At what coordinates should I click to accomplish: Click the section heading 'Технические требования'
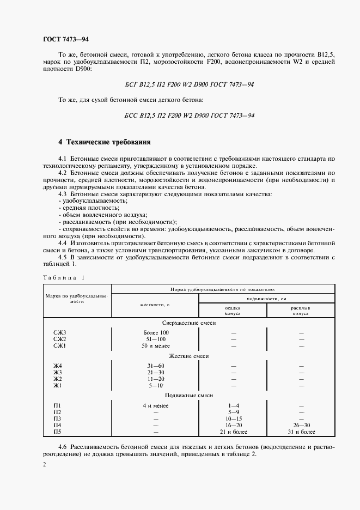tap(104, 142)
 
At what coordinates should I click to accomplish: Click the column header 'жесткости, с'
tap(155, 306)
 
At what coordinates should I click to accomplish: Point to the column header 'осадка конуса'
tap(233, 311)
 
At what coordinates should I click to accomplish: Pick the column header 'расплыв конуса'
tap(300, 311)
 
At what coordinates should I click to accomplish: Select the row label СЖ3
tap(59, 332)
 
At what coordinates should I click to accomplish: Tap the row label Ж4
tap(58, 365)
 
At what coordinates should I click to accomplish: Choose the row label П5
tap(58, 432)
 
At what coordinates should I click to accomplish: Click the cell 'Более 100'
tap(156, 332)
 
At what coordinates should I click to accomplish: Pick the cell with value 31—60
tap(156, 365)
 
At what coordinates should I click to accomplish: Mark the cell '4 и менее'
tap(156, 406)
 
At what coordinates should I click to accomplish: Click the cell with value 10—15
tap(233, 418)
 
